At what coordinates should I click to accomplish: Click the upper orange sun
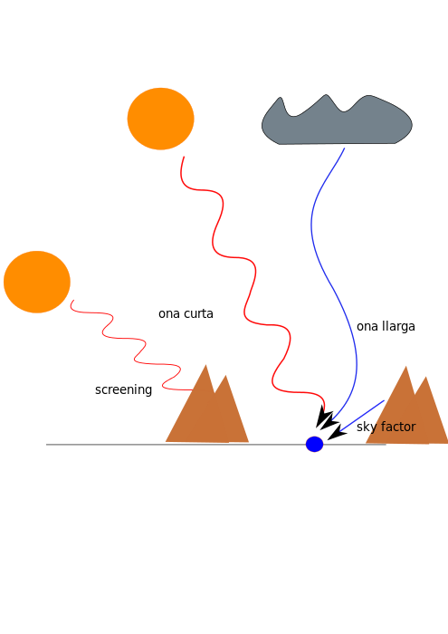(x=161, y=119)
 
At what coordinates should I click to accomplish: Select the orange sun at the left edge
(x=37, y=282)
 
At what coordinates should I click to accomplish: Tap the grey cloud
(x=337, y=120)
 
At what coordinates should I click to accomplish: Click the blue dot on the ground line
(x=314, y=444)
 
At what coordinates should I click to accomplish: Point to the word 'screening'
(x=123, y=389)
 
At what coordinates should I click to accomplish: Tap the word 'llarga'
(x=398, y=326)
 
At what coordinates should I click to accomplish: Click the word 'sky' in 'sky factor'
(x=366, y=427)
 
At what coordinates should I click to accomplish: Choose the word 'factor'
(x=397, y=427)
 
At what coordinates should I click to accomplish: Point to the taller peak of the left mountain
(x=205, y=366)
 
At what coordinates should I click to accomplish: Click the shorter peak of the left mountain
(x=226, y=376)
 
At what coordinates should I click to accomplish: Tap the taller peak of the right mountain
(x=406, y=367)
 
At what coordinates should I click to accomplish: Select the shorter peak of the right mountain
(x=425, y=378)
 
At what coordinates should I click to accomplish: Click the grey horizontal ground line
(x=216, y=445)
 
